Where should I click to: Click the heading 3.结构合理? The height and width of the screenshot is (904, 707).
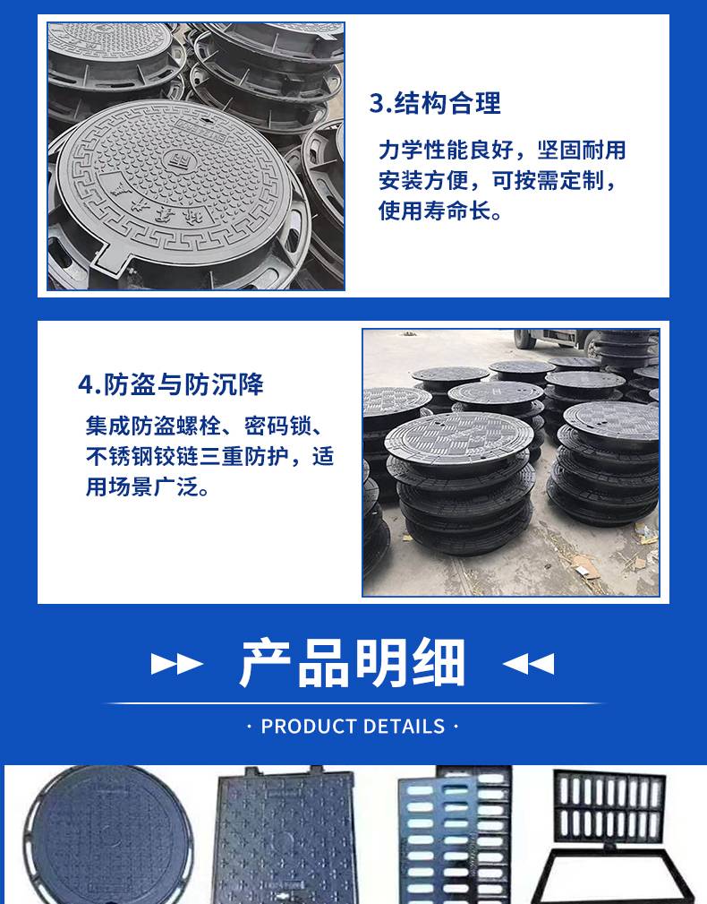point(435,103)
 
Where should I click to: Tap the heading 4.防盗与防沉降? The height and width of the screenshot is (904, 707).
point(170,384)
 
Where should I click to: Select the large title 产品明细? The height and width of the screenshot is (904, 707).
point(353,663)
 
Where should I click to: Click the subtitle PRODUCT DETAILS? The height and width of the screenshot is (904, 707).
point(353,727)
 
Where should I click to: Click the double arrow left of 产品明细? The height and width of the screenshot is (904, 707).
point(177,664)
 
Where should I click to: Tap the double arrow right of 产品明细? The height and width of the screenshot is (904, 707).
point(529,664)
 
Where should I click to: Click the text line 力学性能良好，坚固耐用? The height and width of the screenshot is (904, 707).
point(502,151)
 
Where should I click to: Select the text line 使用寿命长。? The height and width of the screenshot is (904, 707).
point(440,211)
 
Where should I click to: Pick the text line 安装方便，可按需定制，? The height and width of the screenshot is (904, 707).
point(498,181)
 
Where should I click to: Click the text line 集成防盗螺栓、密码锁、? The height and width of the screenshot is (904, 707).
point(205,426)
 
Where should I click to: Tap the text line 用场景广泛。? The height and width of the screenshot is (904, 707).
point(148,487)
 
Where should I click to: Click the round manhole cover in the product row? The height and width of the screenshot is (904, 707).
point(107,835)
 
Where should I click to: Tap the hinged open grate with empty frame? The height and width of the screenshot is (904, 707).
point(609,836)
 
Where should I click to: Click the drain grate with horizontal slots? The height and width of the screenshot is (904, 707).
point(455,835)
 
